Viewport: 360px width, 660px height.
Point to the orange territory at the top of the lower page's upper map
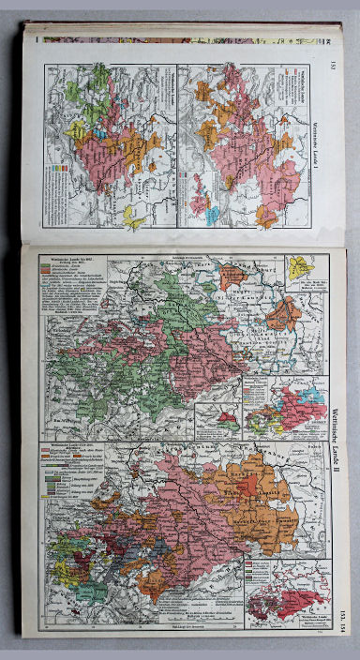[x=232, y=276]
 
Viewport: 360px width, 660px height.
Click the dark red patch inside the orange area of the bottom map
[x=251, y=484]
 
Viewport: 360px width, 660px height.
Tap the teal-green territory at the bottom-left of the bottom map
[x=89, y=591]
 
